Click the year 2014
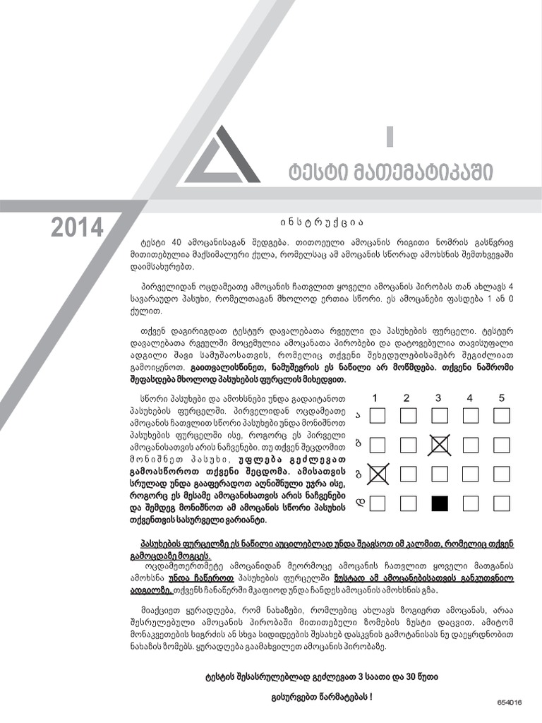coord(77,227)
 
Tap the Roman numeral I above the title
coord(389,135)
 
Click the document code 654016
coord(509,703)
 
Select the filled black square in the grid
coord(439,503)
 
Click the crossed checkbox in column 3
coord(439,445)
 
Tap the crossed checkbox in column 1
coord(378,474)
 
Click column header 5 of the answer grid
coord(502,398)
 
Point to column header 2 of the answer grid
coord(406,398)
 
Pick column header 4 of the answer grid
coord(470,398)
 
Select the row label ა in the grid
coord(359,415)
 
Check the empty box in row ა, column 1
coord(378,415)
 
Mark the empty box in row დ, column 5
coord(502,503)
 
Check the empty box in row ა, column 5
coord(502,415)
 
